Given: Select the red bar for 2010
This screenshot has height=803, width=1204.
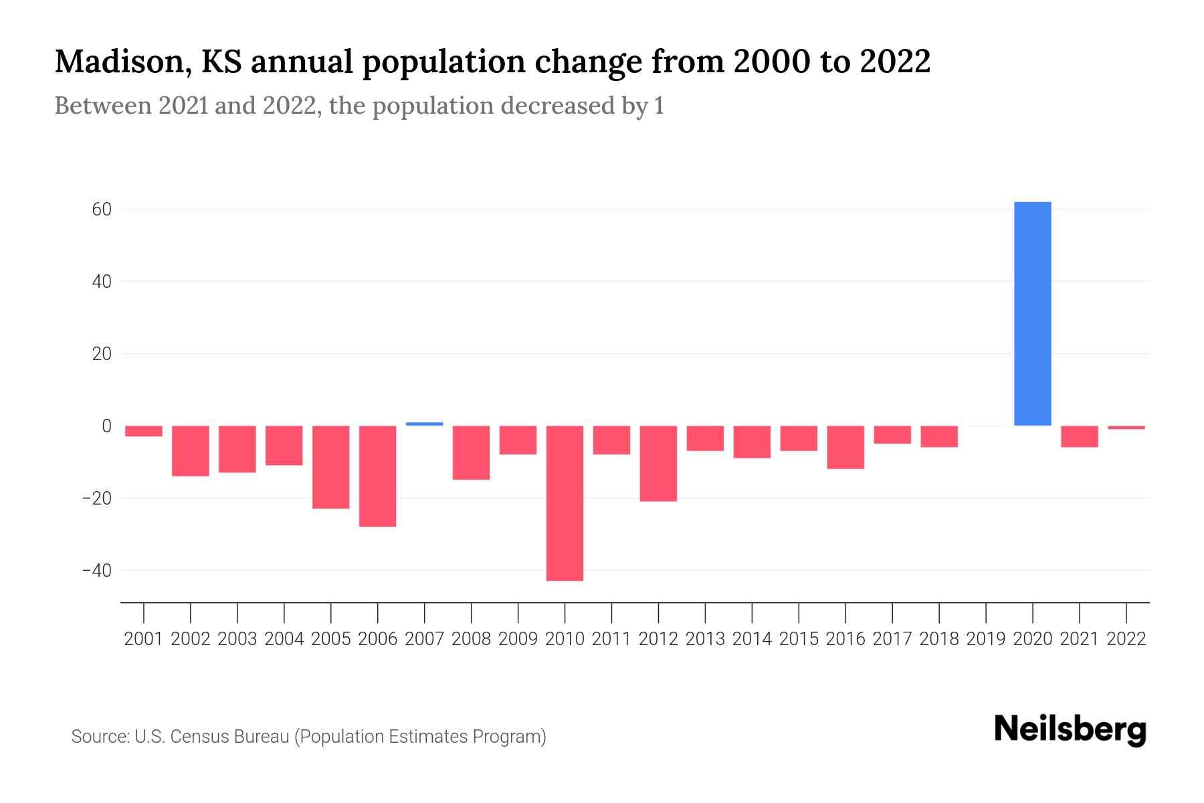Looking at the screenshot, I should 565,503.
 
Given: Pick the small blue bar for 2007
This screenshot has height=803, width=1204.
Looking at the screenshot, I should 424,424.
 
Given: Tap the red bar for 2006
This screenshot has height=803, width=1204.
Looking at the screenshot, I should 377,476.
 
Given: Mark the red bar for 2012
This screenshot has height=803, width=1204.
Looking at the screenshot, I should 658,463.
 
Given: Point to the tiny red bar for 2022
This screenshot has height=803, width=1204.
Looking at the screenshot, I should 1126,428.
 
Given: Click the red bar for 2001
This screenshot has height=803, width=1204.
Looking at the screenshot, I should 144,431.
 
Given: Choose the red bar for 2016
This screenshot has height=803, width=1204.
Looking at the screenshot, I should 845,447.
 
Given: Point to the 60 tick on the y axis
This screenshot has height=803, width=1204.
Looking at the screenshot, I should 102,209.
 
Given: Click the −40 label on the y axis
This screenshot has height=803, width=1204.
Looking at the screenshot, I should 96,571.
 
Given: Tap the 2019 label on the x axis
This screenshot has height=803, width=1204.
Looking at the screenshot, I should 986,639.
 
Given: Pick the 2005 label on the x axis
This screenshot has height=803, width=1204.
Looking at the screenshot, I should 330,639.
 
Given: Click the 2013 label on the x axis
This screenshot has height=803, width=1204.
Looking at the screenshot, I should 705,639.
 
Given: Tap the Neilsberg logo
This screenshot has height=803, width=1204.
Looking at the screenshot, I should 1070,729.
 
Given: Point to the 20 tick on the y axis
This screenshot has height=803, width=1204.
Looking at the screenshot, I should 102,354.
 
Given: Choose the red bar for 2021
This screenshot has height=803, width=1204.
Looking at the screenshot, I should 1079,436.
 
